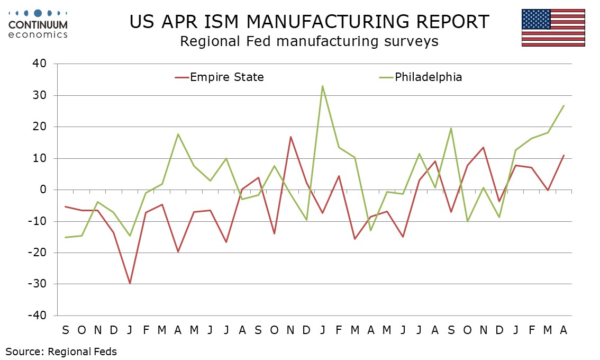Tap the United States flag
click(553, 28)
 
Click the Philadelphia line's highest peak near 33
click(322, 86)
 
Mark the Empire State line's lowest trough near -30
click(130, 283)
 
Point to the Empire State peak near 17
click(290, 137)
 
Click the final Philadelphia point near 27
click(563, 105)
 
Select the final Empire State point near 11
click(563, 155)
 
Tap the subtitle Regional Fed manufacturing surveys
click(309, 41)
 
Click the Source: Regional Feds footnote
click(61, 351)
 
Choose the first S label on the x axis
click(66, 330)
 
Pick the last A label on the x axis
click(563, 330)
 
